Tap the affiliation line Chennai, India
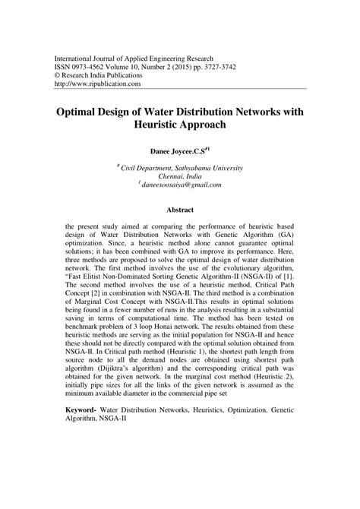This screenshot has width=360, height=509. point(180,175)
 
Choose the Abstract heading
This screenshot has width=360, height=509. point(180,210)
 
